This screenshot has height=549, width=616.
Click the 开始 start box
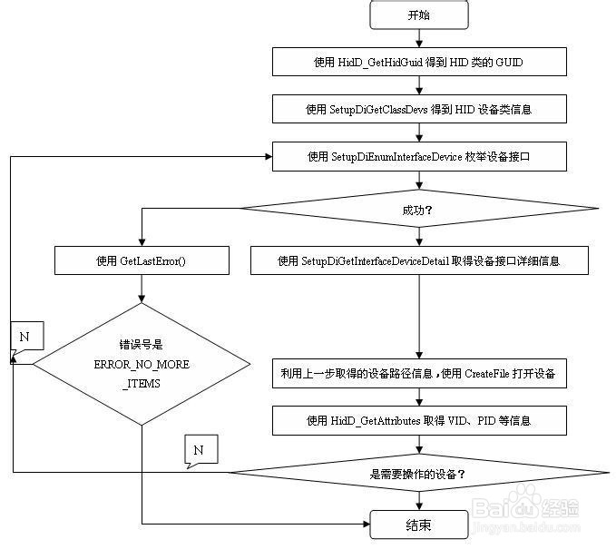[418, 15]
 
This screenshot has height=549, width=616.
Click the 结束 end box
[418, 524]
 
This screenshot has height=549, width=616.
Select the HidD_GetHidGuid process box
[419, 61]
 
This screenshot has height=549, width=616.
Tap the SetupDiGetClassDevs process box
[419, 109]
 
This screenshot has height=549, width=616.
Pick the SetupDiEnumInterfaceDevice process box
[419, 157]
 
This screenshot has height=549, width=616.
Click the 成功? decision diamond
[418, 209]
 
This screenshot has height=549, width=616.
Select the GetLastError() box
[141, 261]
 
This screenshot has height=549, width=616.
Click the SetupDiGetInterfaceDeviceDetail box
[419, 261]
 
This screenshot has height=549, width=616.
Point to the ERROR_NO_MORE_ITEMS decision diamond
[142, 363]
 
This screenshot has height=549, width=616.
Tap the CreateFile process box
[419, 373]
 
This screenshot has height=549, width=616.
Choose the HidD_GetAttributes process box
[419, 420]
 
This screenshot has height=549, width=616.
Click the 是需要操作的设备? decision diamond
[418, 473]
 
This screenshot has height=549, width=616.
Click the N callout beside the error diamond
[24, 338]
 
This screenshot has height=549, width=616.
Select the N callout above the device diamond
[199, 449]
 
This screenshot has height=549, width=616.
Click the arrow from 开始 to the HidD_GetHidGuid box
[418, 37]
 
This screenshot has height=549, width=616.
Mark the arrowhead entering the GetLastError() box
[141, 243]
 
